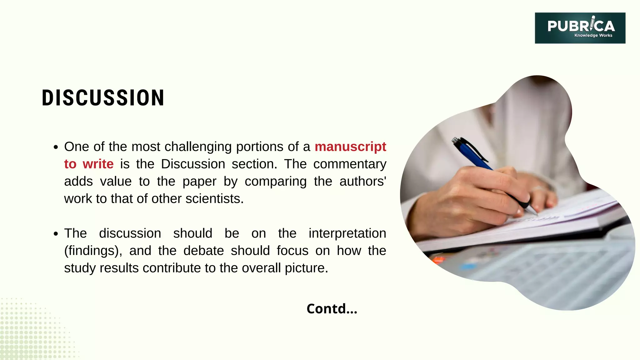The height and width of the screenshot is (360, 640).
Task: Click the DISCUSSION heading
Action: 103,98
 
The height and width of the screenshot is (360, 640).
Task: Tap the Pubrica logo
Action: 580,28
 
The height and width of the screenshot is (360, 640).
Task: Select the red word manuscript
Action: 350,147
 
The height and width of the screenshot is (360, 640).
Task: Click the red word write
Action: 98,164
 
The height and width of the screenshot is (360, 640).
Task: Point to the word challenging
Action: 198,147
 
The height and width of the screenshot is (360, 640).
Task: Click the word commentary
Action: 350,164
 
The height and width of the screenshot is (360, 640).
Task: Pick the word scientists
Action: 214,199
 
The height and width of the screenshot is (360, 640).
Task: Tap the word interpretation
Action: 347,233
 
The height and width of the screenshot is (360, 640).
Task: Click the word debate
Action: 203,251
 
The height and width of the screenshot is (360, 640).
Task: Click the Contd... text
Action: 332,309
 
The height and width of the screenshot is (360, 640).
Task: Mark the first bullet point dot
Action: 56,147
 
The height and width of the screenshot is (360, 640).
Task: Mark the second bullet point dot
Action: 56,234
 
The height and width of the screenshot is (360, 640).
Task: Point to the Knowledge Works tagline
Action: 593,35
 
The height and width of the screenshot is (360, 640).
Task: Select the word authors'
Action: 362,181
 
